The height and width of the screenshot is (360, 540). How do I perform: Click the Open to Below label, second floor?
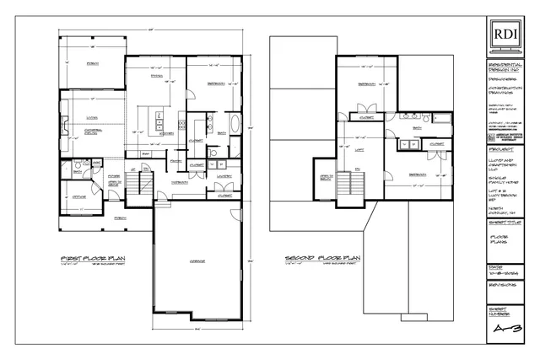(x=324, y=178)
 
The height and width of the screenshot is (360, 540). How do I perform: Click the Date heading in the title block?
(x=498, y=268)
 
